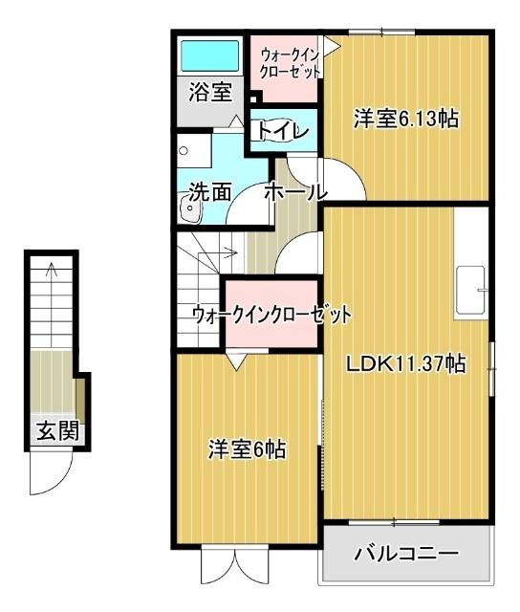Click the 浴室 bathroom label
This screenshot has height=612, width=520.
209,93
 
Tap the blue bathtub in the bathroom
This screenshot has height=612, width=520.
210,56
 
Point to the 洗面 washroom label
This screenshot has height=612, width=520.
210,191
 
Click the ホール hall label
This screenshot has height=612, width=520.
295,191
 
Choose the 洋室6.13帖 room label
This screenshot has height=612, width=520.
404,120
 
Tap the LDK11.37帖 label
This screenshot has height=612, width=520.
405,363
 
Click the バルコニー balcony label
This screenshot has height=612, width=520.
406,554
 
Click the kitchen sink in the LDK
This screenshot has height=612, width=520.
473,289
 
